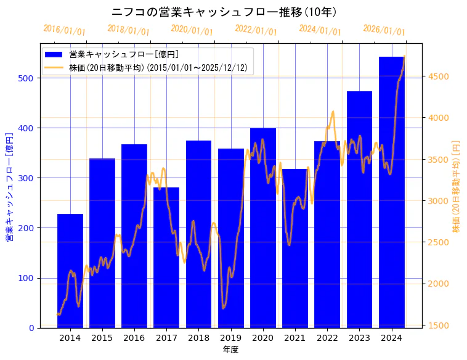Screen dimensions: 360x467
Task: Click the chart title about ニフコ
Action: pyautogui.click(x=224, y=12)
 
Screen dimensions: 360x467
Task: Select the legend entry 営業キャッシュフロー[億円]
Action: pyautogui.click(x=123, y=54)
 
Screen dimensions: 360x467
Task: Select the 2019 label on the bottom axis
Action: pyautogui.click(x=231, y=337)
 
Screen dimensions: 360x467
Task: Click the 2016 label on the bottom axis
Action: pyautogui.click(x=134, y=337)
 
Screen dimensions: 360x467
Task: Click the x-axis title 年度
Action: pyautogui.click(x=231, y=350)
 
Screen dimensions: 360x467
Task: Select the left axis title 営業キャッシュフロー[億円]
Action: pyautogui.click(x=9, y=187)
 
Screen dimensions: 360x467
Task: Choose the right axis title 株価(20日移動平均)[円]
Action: pyautogui.click(x=457, y=187)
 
